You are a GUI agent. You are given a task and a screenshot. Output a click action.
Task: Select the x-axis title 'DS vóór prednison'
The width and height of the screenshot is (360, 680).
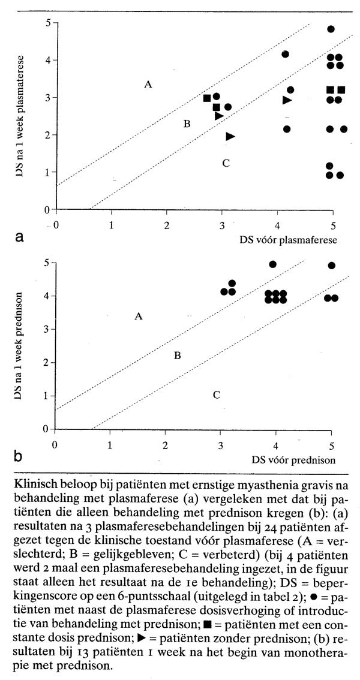(289, 460)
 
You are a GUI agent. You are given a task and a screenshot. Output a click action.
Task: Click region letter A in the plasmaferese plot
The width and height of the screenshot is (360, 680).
(148, 85)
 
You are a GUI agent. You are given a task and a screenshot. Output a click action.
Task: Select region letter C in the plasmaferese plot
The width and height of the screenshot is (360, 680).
(226, 163)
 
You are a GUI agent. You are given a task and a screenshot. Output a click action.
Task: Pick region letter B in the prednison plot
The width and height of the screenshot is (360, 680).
(177, 356)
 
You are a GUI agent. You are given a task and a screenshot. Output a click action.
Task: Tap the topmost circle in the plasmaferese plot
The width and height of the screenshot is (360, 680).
(331, 29)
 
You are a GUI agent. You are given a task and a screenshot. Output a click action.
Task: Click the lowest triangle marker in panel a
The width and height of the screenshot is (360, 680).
(230, 136)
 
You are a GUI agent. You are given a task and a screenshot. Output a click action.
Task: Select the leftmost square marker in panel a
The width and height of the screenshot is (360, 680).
(207, 98)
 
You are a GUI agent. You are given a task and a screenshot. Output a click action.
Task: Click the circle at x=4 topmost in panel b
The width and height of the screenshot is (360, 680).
(273, 264)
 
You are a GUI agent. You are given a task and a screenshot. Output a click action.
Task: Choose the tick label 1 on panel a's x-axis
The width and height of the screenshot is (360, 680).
(112, 225)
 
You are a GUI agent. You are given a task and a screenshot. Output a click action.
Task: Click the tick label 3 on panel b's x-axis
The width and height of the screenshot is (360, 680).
(221, 444)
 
